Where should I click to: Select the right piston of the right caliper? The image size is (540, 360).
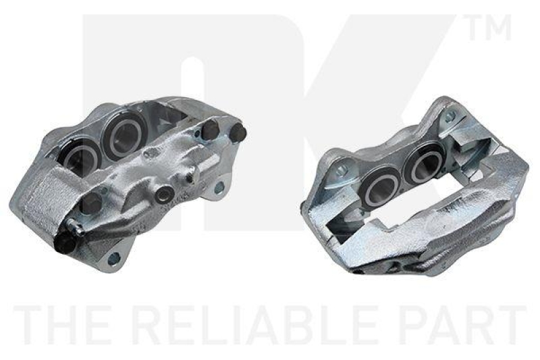click(423, 165)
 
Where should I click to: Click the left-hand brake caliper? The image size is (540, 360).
click(128, 182)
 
